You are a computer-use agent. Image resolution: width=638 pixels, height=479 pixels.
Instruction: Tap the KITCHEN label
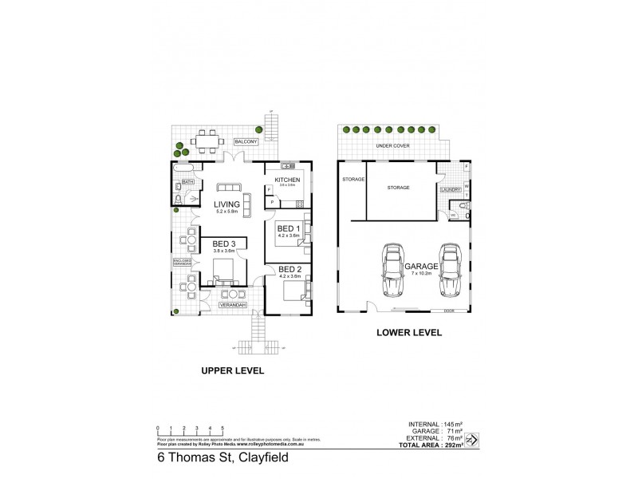coord(287,180)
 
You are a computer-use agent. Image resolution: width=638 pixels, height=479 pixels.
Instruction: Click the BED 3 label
coord(223,243)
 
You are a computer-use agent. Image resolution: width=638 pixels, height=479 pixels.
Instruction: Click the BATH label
coord(188,182)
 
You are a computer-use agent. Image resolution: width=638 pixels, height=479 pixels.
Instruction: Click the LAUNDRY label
coord(449,190)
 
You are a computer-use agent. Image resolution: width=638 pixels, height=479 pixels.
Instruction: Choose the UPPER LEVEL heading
coord(234,370)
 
